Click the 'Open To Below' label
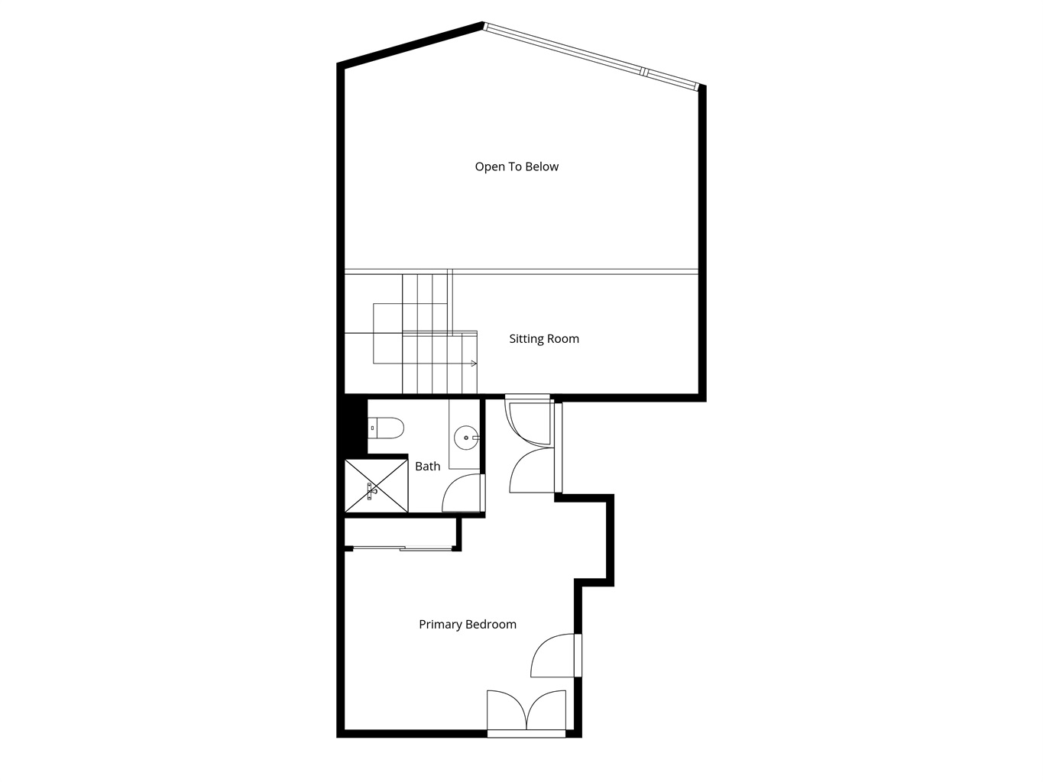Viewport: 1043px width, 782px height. [517, 166]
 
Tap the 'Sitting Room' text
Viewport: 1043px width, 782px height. [544, 338]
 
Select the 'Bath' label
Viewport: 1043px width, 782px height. [428, 467]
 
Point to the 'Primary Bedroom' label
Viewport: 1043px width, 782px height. [468, 624]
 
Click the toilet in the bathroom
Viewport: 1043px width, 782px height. [386, 428]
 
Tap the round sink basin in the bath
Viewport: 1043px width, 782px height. [466, 438]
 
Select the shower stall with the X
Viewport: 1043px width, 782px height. [377, 486]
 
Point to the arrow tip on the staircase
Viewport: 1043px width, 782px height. [475, 364]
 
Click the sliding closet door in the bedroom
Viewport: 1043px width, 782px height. [403, 549]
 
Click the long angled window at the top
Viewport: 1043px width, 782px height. [591, 56]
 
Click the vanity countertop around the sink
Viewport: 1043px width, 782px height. [465, 435]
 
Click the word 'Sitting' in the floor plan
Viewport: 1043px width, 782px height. [524, 338]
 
